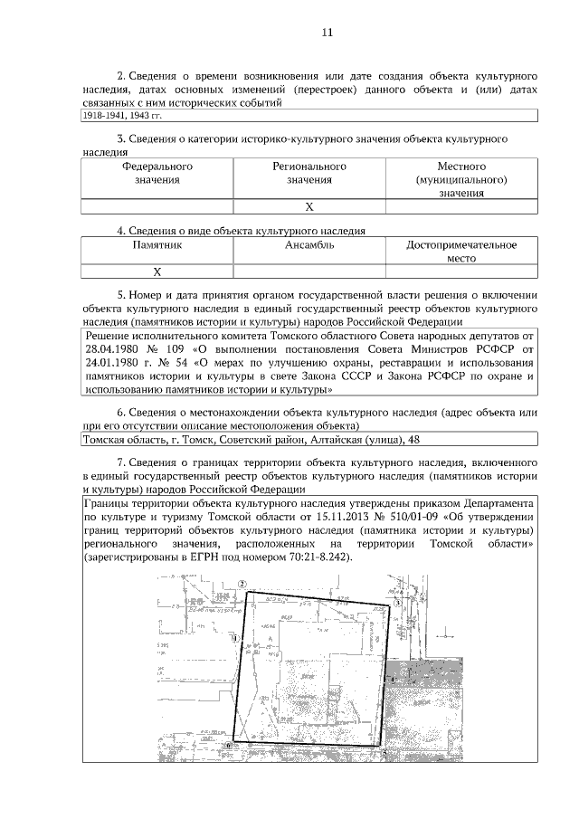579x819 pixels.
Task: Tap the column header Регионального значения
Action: click(x=309, y=173)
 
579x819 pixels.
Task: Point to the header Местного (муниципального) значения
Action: click(x=461, y=179)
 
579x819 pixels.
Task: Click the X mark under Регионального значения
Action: click(x=309, y=206)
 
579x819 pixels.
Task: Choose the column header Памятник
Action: click(x=157, y=244)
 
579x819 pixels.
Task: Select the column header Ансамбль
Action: click(x=309, y=244)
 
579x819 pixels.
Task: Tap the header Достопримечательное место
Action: click(x=461, y=251)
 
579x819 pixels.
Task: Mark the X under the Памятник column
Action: click(x=157, y=271)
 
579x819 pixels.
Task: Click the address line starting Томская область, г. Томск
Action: click(x=251, y=440)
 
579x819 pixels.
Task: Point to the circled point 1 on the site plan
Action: click(x=235, y=638)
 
